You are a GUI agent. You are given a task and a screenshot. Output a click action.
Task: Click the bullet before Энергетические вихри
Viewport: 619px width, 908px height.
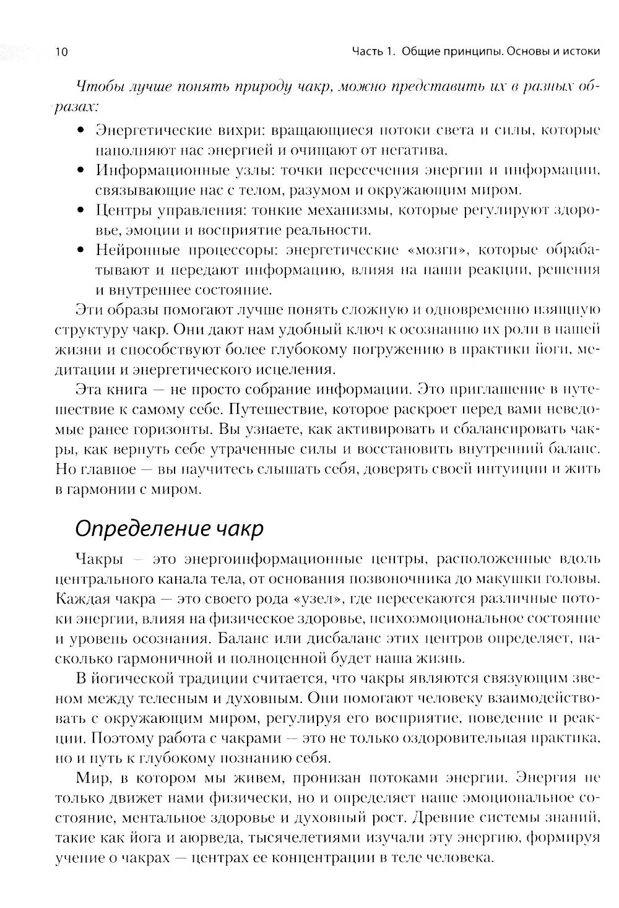[80, 131]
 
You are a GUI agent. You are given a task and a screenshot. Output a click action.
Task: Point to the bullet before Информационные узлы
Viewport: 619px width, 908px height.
[80, 170]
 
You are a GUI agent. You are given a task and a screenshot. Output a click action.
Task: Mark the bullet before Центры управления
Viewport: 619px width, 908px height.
[80, 210]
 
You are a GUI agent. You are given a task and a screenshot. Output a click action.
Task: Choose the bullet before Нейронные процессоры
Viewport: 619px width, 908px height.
[80, 251]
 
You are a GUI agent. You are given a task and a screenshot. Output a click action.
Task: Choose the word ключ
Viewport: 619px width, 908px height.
[262, 330]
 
